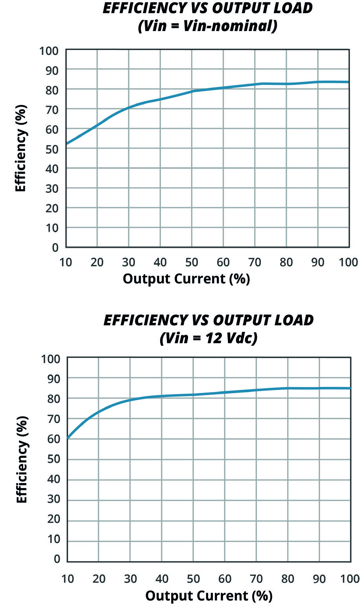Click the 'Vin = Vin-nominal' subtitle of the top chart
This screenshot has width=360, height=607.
click(207, 26)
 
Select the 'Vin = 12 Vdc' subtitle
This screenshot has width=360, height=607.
click(209, 338)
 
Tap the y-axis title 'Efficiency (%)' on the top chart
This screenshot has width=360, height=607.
click(21, 148)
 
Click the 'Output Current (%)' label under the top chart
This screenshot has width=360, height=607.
click(186, 279)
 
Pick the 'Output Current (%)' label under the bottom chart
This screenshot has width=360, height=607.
click(209, 596)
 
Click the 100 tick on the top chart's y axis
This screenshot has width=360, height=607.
click(49, 51)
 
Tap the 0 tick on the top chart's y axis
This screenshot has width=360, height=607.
click(55, 248)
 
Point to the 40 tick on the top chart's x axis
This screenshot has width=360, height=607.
click(160, 262)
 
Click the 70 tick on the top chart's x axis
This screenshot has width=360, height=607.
click(255, 262)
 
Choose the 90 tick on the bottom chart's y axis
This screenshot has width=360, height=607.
click(53, 379)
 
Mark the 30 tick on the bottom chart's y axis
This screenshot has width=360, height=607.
click(53, 500)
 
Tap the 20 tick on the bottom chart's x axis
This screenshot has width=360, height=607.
click(99, 579)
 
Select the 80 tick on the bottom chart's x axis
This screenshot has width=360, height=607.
click(288, 579)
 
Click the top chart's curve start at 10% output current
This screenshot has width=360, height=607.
click(66, 144)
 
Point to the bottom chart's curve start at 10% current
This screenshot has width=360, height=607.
click(68, 437)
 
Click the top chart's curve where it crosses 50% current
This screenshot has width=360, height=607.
click(192, 91)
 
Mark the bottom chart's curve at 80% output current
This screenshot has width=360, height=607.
click(288, 388)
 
